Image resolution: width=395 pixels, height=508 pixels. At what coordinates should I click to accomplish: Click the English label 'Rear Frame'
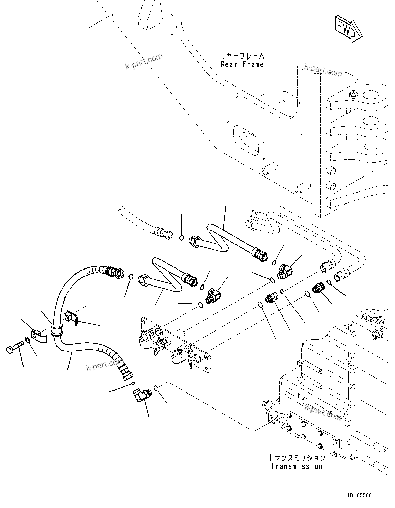242,64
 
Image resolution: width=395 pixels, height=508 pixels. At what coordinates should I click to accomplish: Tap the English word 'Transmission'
296,466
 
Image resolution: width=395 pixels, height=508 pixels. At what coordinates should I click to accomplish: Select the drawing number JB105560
360,495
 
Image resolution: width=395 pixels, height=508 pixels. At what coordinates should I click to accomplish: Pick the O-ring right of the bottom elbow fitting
156,388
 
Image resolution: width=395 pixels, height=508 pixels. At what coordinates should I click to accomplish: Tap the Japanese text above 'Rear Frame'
242,56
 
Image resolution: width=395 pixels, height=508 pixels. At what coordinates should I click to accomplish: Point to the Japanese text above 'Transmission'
296,457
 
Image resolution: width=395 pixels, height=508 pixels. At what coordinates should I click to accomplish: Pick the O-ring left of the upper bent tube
182,237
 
